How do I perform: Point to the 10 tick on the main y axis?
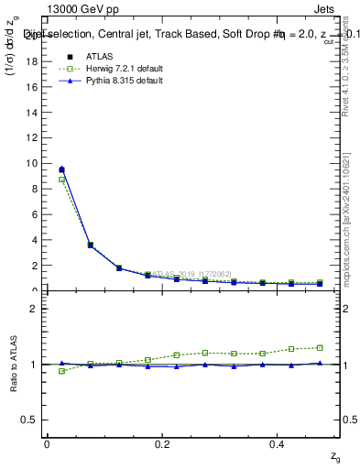(x=37, y=163)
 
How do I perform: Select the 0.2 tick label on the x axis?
(x=162, y=443)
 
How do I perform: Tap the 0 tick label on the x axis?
(x=47, y=443)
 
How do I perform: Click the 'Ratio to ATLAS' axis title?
(x=13, y=364)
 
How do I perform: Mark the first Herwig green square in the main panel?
(x=61, y=180)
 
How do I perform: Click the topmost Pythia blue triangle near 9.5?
(x=61, y=169)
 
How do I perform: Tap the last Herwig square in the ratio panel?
(x=320, y=347)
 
